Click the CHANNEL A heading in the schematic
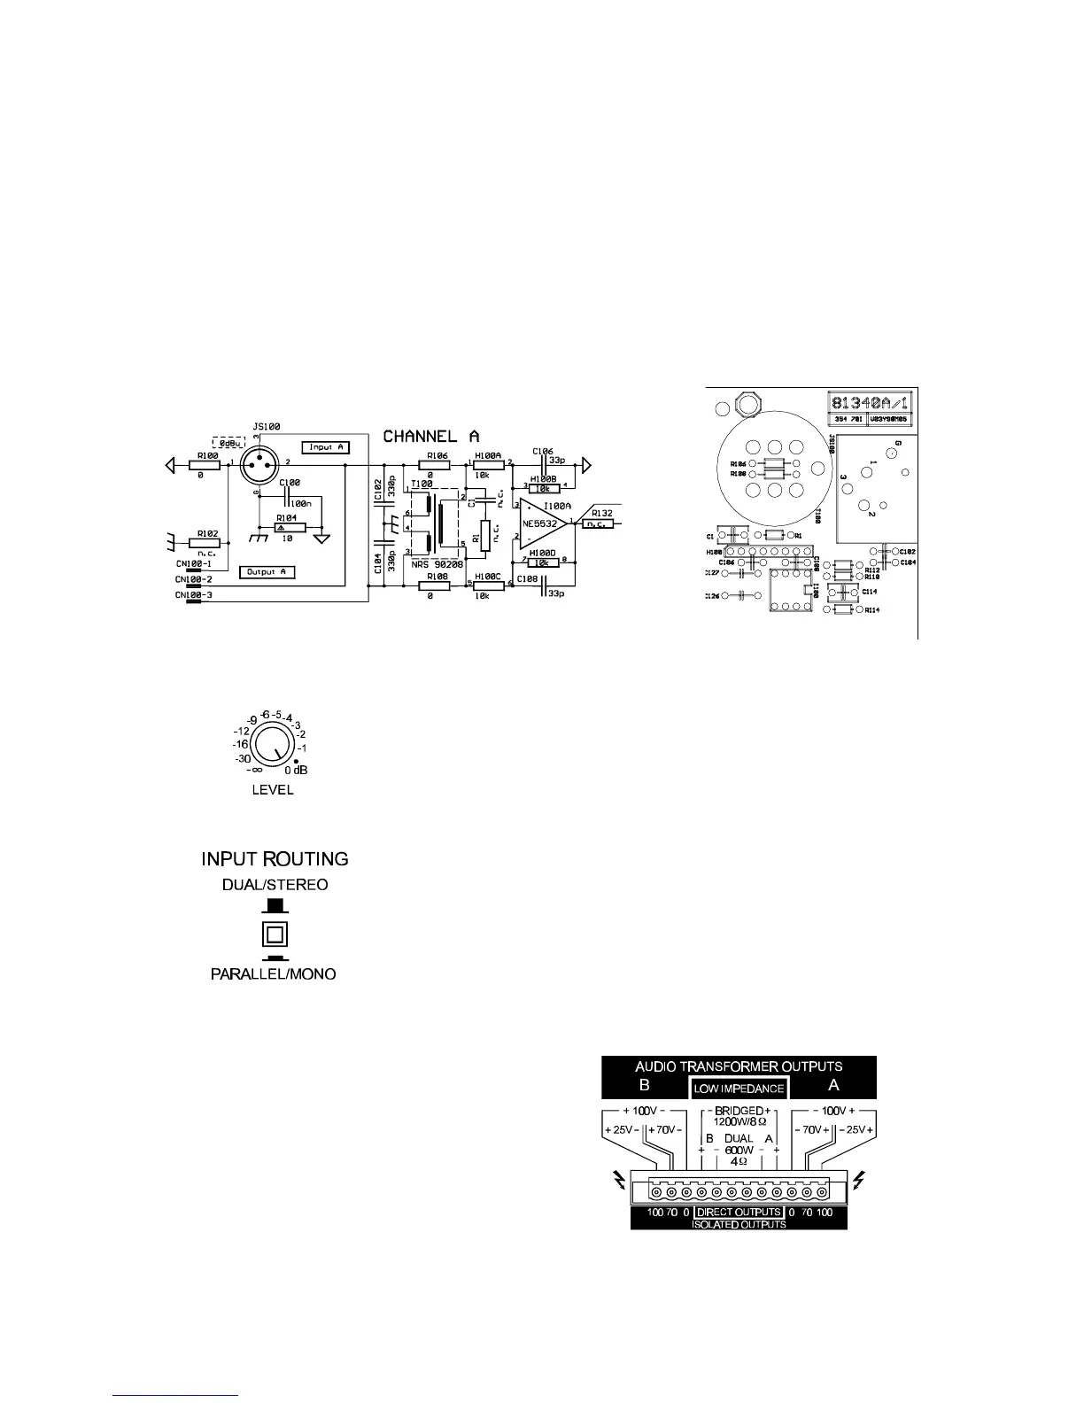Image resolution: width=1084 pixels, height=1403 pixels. (x=431, y=437)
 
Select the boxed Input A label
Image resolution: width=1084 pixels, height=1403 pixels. (x=326, y=447)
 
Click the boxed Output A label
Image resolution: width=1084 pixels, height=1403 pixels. (x=267, y=572)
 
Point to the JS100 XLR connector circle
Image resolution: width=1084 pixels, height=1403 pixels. (x=259, y=462)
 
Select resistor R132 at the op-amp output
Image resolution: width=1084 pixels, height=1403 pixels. (x=600, y=523)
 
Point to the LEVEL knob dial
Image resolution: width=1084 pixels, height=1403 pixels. (x=272, y=748)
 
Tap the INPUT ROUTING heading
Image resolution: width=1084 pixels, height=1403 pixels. (x=275, y=859)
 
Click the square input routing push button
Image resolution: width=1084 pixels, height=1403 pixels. (x=275, y=934)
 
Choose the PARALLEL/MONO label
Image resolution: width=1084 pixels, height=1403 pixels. (x=273, y=974)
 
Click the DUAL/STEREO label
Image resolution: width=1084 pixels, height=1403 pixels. (x=275, y=885)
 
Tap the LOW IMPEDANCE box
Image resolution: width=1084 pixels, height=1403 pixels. (x=739, y=1089)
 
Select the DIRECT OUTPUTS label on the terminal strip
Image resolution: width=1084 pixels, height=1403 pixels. (x=739, y=1212)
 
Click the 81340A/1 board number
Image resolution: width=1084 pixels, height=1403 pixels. (x=869, y=403)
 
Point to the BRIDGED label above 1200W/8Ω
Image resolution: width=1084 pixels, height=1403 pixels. (x=739, y=1111)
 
